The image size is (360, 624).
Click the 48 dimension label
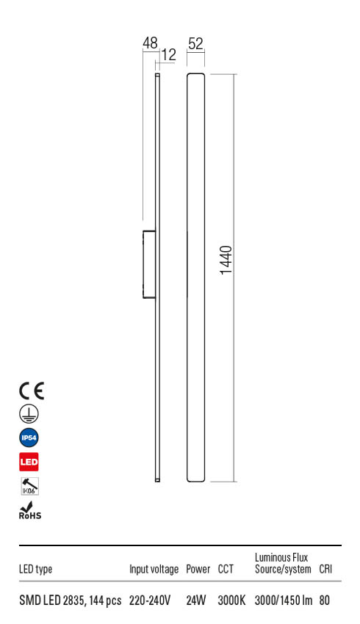click(150, 44)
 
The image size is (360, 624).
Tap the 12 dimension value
click(168, 55)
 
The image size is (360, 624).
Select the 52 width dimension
click(195, 44)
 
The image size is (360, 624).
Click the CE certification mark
click(31, 391)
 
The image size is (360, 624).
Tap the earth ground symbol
click(29, 414)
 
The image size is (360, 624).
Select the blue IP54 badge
click(29, 438)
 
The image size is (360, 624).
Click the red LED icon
click(29, 462)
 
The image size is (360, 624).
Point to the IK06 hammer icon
click(29, 485)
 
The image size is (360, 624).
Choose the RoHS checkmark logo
click(29, 510)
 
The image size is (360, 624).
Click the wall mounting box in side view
click(148, 265)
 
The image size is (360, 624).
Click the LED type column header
click(35, 569)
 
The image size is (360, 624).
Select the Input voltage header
click(154, 569)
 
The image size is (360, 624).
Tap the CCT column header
click(226, 569)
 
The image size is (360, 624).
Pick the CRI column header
click(325, 569)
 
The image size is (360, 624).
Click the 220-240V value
click(150, 601)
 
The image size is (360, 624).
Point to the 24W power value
click(195, 601)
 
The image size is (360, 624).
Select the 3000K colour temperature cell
click(231, 601)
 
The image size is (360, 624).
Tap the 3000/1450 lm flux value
click(284, 601)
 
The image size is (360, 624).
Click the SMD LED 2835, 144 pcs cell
click(70, 601)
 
